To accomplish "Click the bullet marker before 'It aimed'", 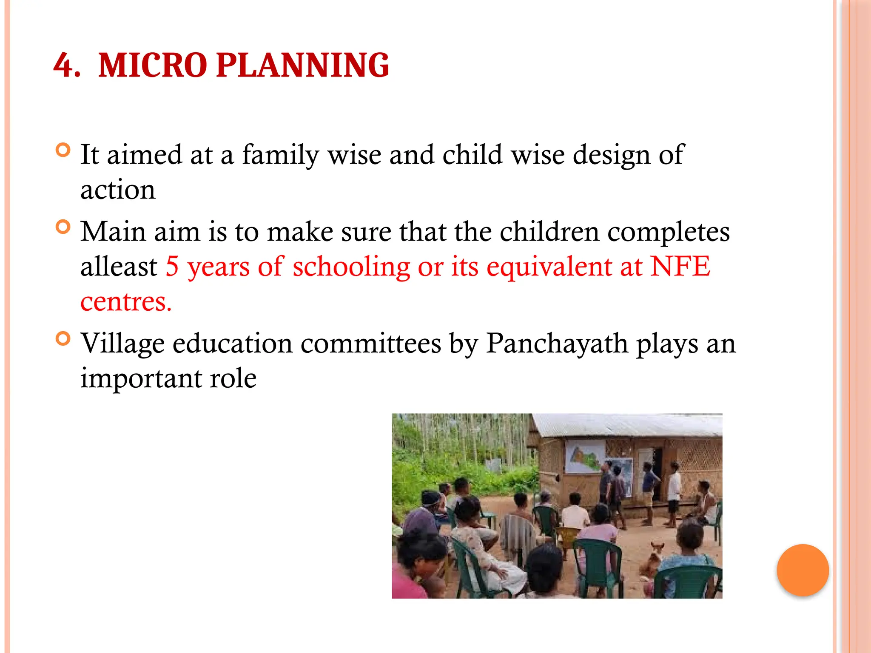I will click(x=63, y=150).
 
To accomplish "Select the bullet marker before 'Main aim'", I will click(x=63, y=227).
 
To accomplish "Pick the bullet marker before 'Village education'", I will click(x=63, y=339).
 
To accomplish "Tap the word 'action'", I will click(x=118, y=190).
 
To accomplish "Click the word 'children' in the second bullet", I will click(x=549, y=232).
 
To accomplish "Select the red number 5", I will click(x=172, y=267).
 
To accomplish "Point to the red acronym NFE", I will click(x=680, y=267).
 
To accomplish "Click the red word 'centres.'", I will click(x=126, y=302).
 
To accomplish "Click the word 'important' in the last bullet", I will click(x=140, y=378).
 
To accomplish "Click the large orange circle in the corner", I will click(x=803, y=570).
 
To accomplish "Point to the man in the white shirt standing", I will click(x=674, y=493).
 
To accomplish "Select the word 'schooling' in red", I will click(x=351, y=267).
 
